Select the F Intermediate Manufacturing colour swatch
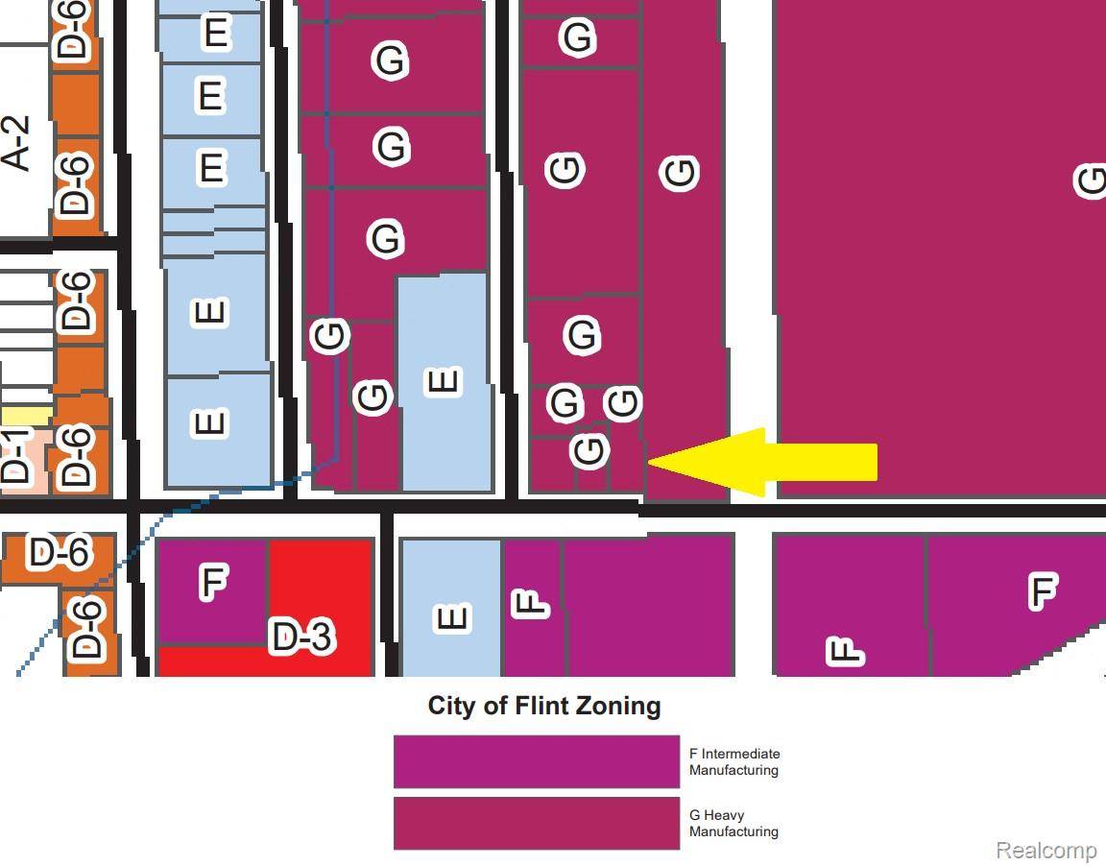click(536, 761)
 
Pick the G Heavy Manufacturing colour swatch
click(536, 823)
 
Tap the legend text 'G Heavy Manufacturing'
click(733, 823)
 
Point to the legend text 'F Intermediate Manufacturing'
click(733, 761)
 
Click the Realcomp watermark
click(1046, 851)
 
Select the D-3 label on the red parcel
click(301, 637)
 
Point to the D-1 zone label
click(16, 457)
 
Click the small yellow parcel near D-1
click(26, 416)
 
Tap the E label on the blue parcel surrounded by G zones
click(443, 381)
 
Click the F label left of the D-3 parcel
click(212, 582)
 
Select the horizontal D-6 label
click(60, 553)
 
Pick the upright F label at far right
click(1042, 589)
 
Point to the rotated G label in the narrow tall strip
click(679, 173)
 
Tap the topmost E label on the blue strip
click(216, 34)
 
